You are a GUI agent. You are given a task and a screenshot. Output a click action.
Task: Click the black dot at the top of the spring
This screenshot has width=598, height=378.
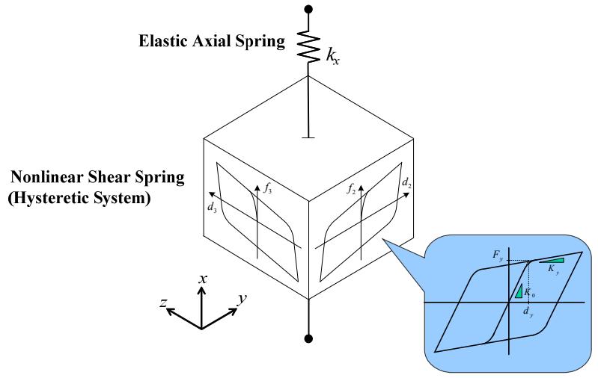308,9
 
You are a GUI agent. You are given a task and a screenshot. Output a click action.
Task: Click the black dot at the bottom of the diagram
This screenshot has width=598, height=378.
308,338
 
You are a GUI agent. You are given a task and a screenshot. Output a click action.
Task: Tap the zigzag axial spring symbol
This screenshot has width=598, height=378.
308,46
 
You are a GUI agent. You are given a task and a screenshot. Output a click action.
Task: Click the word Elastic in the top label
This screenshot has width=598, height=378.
163,41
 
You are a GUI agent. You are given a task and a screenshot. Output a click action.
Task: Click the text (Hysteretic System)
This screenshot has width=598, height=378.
79,198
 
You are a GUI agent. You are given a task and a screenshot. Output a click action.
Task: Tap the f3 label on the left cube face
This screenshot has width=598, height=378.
268,188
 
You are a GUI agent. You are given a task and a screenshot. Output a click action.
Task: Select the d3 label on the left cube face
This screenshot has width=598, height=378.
212,208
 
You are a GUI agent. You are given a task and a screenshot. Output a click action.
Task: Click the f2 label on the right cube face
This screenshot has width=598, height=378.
351,188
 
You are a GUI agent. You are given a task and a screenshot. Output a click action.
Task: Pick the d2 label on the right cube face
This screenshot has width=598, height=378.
407,183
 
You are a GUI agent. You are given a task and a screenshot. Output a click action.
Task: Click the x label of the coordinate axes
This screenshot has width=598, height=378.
203,279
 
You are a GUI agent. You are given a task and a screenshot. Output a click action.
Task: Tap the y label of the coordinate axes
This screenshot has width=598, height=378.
242,300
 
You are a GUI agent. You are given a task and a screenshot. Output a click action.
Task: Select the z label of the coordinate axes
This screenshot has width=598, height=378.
163,303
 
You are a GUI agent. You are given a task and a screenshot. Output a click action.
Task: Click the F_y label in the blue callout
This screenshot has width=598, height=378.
498,255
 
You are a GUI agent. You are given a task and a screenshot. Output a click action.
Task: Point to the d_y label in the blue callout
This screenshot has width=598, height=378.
528,312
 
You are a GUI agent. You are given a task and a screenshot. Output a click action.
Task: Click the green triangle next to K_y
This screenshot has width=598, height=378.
552,261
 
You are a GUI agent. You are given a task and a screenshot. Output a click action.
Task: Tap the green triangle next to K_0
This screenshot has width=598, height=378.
519,291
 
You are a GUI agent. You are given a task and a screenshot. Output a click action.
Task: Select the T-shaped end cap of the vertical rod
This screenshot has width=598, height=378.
308,137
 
